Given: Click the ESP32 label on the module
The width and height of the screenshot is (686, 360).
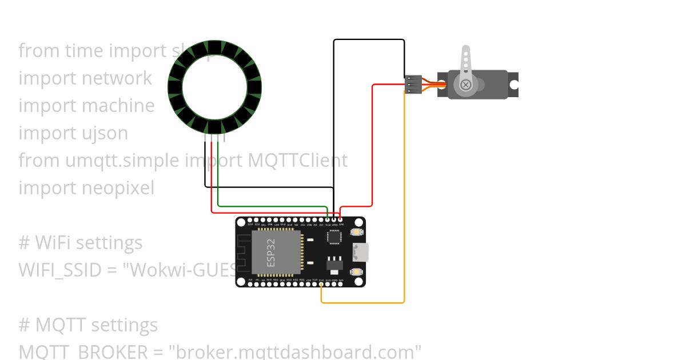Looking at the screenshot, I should [271, 252].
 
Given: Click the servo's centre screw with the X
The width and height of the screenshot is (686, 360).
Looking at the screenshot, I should [466, 85].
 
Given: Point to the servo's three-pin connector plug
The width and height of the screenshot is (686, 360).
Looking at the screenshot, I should [413, 85].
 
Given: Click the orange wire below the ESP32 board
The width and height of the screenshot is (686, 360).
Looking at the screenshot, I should [366, 302].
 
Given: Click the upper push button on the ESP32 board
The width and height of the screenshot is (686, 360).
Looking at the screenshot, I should [357, 233].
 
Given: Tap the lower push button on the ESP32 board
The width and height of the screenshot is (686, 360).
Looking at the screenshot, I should [357, 271].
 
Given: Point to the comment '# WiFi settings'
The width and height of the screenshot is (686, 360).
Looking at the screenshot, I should [81, 243].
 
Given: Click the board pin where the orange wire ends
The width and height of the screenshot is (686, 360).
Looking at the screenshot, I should [321, 283].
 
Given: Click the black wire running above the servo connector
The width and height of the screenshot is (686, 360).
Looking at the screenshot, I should [369, 39].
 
